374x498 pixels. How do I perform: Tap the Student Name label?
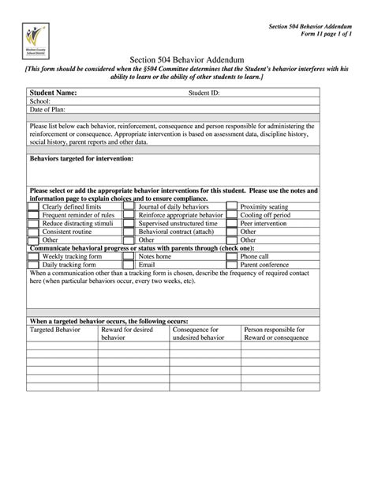(54, 92)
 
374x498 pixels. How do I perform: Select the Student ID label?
(204, 92)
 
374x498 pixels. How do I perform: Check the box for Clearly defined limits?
(32, 206)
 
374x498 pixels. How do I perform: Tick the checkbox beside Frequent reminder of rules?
(32, 215)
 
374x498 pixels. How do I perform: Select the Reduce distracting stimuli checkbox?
(32, 224)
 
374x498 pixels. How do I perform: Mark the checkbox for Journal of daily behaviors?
(128, 206)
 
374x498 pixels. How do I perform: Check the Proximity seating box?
(231, 206)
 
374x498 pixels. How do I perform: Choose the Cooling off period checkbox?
(231, 215)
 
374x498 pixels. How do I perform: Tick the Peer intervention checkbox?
(231, 224)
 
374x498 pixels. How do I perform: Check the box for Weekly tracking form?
(32, 257)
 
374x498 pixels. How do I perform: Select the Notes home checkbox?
(128, 257)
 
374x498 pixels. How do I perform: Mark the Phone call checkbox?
(231, 257)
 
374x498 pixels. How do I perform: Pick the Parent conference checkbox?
(231, 266)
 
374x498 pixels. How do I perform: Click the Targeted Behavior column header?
(52, 330)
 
